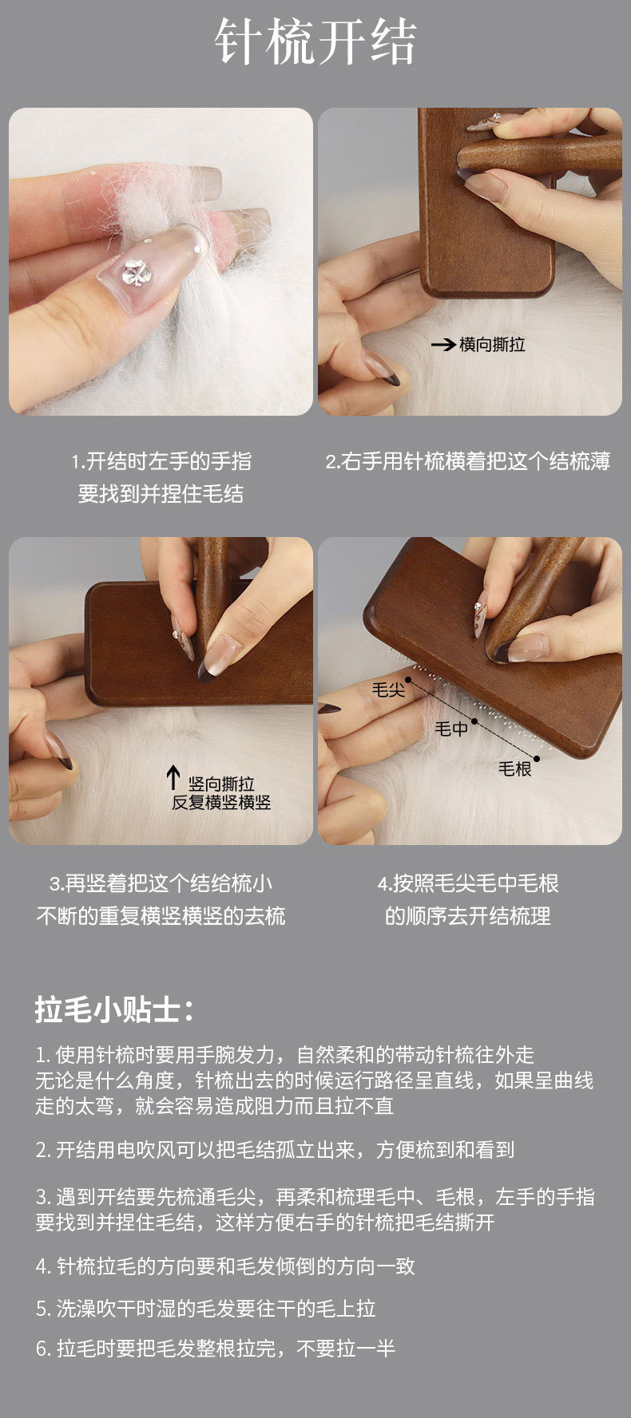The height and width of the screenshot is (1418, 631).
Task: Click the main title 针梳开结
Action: pyautogui.click(x=315, y=41)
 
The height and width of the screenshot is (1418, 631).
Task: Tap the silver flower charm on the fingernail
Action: pyautogui.click(x=137, y=272)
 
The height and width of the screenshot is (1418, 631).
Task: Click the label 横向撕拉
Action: pyautogui.click(x=492, y=345)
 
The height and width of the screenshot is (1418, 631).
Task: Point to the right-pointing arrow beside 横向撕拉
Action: pyautogui.click(x=443, y=345)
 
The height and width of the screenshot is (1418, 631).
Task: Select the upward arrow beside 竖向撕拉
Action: pyautogui.click(x=173, y=779)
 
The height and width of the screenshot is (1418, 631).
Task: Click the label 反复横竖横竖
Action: pyautogui.click(x=221, y=803)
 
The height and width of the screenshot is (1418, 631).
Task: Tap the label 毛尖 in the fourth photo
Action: pyautogui.click(x=389, y=689)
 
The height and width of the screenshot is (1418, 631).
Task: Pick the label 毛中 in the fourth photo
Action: pyautogui.click(x=451, y=729)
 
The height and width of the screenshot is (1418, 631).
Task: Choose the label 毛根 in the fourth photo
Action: pyautogui.click(x=515, y=768)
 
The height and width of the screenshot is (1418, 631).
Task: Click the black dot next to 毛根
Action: pyautogui.click(x=537, y=758)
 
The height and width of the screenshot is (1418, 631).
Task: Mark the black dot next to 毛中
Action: pyautogui.click(x=474, y=721)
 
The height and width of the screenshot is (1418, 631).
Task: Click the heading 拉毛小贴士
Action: pyautogui.click(x=114, y=1010)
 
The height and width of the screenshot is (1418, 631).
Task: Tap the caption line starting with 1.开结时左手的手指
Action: pyautogui.click(x=161, y=461)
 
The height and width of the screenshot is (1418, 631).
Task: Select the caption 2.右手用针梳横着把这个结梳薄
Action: pyautogui.click(x=468, y=461)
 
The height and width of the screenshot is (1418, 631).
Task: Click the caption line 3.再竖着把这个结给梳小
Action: pyautogui.click(x=161, y=883)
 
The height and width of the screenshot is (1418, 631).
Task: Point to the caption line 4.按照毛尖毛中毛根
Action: pyautogui.click(x=468, y=883)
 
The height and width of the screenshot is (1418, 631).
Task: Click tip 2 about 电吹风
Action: pyautogui.click(x=275, y=1150)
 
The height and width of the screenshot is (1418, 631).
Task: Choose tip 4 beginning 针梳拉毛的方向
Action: pyautogui.click(x=225, y=1266)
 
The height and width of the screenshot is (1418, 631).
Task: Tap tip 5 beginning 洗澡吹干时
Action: pyautogui.click(x=205, y=1309)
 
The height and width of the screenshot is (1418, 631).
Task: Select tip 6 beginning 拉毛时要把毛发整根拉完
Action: pyautogui.click(x=216, y=1349)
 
